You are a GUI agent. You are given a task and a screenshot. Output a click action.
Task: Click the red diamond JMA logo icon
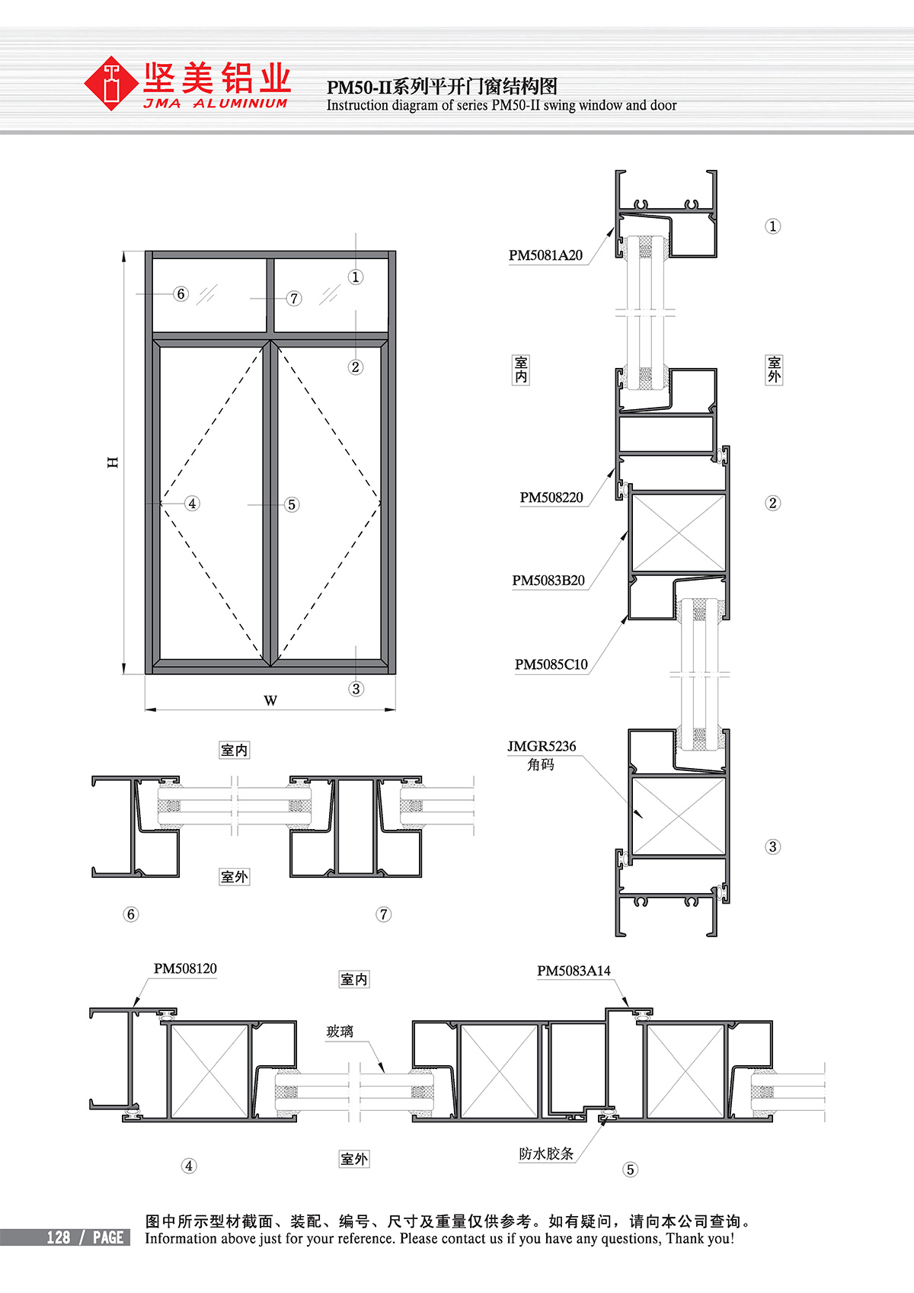[x=110, y=83]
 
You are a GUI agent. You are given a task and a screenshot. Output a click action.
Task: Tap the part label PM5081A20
[x=545, y=255]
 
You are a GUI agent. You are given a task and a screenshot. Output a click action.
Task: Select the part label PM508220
[x=551, y=497]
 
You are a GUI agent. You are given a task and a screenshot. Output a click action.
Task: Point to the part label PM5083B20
[x=548, y=580]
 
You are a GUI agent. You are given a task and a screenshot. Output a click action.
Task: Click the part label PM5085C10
[x=551, y=664]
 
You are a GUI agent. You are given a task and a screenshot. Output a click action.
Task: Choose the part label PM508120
[x=185, y=968]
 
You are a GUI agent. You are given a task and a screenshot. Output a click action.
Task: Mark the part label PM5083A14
[x=574, y=971]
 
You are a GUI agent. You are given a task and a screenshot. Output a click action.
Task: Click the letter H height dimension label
[x=113, y=462]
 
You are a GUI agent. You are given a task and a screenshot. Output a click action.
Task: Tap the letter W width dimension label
[x=270, y=700]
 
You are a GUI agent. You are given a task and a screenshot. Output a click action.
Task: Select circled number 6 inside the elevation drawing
[x=181, y=294]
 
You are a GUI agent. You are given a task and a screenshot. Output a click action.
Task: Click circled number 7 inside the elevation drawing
[x=294, y=299]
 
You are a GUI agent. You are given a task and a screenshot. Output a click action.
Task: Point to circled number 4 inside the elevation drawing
[x=192, y=504]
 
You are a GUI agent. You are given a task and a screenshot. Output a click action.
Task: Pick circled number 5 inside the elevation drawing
[x=292, y=504]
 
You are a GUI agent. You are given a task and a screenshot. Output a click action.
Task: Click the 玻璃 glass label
[x=340, y=1031]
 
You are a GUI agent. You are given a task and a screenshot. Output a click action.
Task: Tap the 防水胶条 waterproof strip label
[x=546, y=1154]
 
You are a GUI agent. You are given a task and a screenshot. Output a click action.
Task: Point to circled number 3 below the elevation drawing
[x=356, y=689]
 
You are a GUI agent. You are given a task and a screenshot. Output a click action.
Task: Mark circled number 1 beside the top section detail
[x=772, y=226]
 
